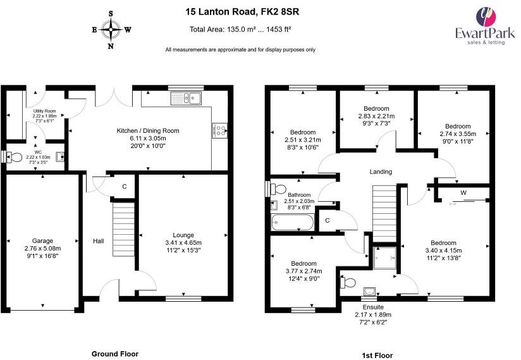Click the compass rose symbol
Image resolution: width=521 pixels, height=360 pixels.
tap(111, 29)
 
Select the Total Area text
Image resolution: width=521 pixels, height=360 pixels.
tap(240, 29)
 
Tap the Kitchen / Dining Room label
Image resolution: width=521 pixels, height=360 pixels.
tap(148, 130)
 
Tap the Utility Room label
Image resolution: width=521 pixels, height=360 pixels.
tap(45, 111)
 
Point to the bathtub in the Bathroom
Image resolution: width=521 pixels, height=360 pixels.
tap(291, 223)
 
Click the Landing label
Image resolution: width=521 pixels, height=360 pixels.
tap(381, 171)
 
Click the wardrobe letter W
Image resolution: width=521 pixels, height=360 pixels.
tap(463, 192)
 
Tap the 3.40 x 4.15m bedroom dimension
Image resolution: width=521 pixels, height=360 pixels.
tap(443, 251)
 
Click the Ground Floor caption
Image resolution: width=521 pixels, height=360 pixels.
tap(115, 354)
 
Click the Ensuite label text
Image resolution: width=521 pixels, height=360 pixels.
tap(372, 307)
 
